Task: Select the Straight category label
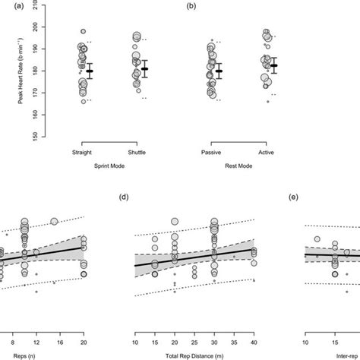(x=81, y=152)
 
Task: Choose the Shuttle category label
(x=137, y=152)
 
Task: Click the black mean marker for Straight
(x=90, y=71)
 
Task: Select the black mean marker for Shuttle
(x=145, y=69)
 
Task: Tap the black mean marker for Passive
(x=219, y=71)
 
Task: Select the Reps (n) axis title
(x=13, y=354)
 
